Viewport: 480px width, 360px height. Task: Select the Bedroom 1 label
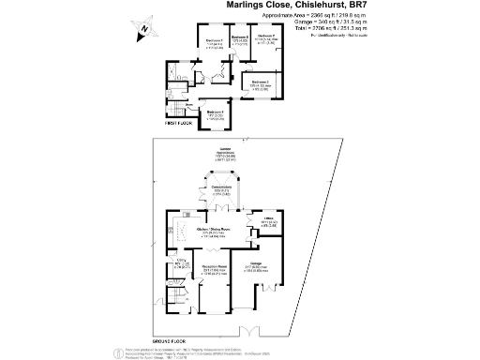coord(216,42)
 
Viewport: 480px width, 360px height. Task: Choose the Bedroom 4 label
coord(216,112)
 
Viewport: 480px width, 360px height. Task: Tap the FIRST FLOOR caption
coord(177,123)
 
